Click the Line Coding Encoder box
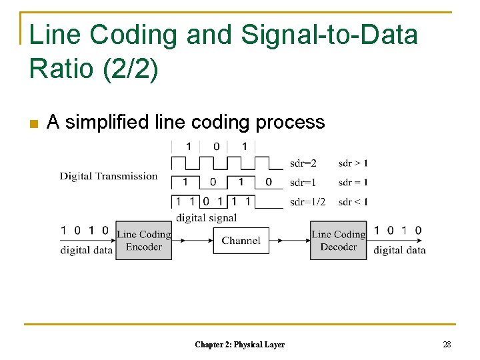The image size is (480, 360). (x=143, y=241)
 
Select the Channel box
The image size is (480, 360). (x=241, y=241)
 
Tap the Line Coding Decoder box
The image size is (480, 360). (x=338, y=241)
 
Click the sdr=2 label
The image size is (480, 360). (x=303, y=163)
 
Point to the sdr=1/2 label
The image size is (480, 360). (x=307, y=202)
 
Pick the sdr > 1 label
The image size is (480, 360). (x=353, y=163)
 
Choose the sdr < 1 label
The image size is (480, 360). (x=353, y=202)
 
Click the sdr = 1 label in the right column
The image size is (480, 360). (x=353, y=183)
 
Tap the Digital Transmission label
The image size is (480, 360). (x=109, y=177)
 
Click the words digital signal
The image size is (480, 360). (x=206, y=217)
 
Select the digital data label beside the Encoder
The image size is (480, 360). (x=87, y=251)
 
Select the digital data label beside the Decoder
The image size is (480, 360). (x=399, y=251)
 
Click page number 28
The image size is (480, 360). (x=447, y=344)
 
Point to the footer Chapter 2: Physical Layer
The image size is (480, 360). (x=239, y=345)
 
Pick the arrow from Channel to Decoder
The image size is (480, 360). (x=290, y=241)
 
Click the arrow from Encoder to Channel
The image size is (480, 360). (x=192, y=241)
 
